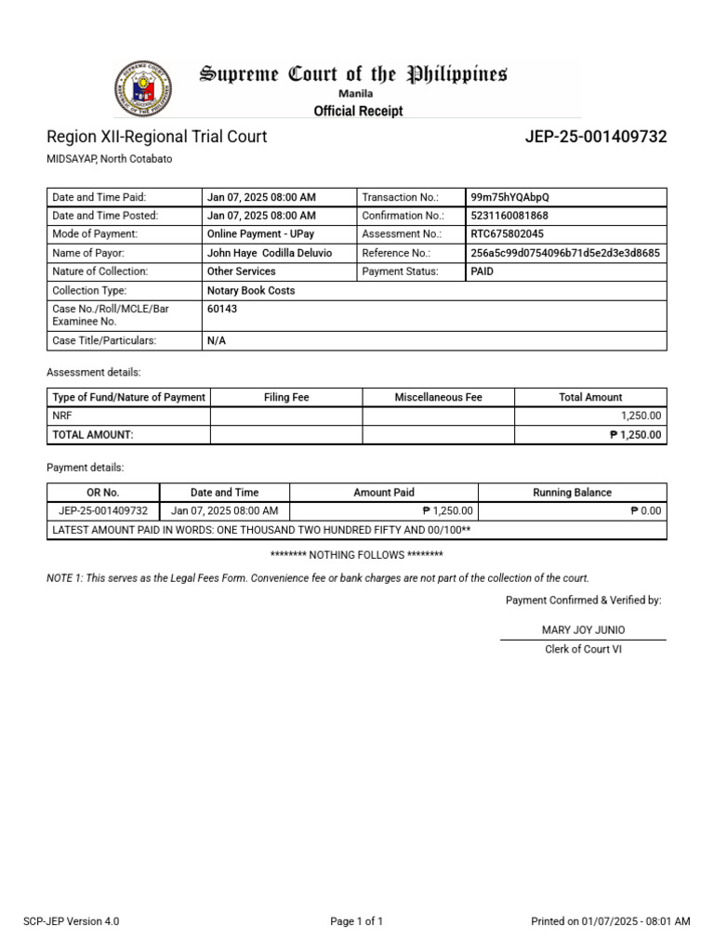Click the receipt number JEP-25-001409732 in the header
pyautogui.click(x=596, y=138)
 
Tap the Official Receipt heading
pyautogui.click(x=358, y=112)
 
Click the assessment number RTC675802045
pyautogui.click(x=508, y=234)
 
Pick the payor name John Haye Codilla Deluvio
pyautogui.click(x=270, y=253)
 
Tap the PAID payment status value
pyautogui.click(x=483, y=271)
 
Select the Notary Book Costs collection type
pyautogui.click(x=251, y=290)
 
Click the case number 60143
pyautogui.click(x=222, y=309)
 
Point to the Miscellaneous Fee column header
pyautogui.click(x=438, y=397)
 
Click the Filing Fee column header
pyautogui.click(x=286, y=397)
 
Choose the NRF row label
pyautogui.click(x=63, y=416)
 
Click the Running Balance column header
pyautogui.click(x=572, y=493)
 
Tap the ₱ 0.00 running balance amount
pyautogui.click(x=645, y=511)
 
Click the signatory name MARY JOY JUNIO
pyautogui.click(x=583, y=630)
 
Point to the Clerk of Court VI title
pyautogui.click(x=583, y=650)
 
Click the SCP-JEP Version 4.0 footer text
pyautogui.click(x=72, y=922)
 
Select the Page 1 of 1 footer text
pyautogui.click(x=357, y=922)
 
